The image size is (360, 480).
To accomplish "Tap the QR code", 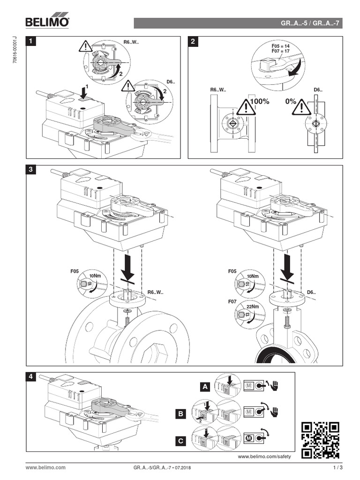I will click(x=320, y=440).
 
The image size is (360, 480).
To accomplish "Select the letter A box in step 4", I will click(x=204, y=387).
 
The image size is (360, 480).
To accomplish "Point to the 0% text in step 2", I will click(x=290, y=101).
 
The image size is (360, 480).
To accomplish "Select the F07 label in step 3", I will click(x=232, y=302).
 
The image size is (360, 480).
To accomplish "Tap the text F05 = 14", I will click(x=281, y=46).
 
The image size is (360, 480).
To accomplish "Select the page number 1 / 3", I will click(x=338, y=468).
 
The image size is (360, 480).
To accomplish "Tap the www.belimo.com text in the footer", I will click(x=45, y=468).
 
